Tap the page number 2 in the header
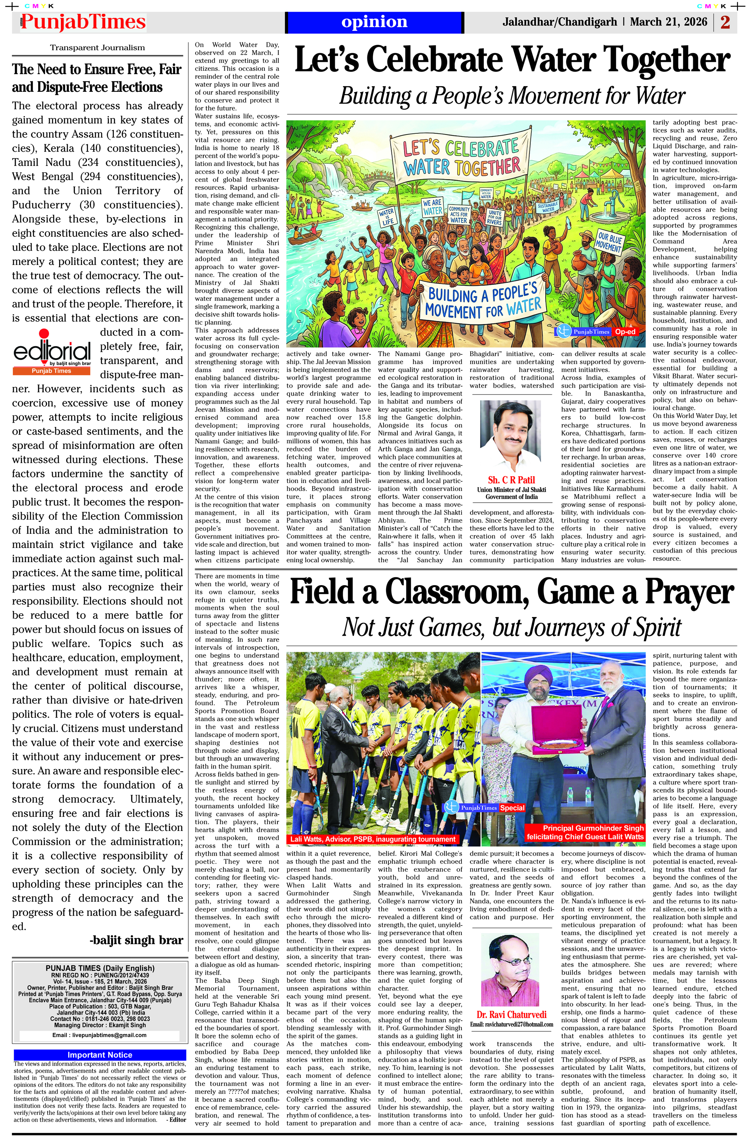click(x=725, y=22)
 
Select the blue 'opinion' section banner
click(x=374, y=22)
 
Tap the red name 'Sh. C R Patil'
click(x=511, y=480)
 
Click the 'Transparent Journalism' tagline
click(x=97, y=48)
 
